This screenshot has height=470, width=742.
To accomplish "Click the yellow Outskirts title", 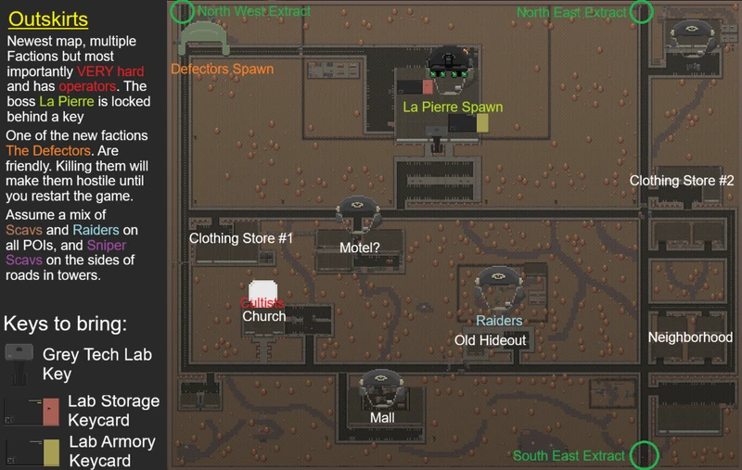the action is click(x=48, y=19).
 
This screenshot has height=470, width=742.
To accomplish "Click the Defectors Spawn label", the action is click(x=222, y=69).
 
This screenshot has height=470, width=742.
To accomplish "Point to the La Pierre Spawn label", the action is click(x=453, y=107).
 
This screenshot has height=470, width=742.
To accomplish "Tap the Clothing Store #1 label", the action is click(x=241, y=238).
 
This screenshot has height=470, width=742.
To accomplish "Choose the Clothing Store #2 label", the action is click(x=682, y=181).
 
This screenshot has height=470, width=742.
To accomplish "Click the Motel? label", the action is click(x=360, y=248).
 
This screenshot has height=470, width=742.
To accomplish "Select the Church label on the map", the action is click(x=264, y=316).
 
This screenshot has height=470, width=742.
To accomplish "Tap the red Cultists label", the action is click(x=262, y=303).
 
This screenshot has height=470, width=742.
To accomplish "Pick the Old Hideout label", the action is click(x=490, y=340).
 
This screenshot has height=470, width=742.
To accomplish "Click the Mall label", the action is click(x=382, y=418).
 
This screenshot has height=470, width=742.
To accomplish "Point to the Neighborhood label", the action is click(x=690, y=337).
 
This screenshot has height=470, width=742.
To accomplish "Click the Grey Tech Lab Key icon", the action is click(x=19, y=364).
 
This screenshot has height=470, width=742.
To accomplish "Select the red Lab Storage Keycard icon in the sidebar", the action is click(x=51, y=412).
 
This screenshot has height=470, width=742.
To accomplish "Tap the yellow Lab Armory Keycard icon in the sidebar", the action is click(x=51, y=452).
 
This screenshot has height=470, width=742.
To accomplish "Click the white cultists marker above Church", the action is click(x=262, y=290).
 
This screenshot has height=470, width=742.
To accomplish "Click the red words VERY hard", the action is click(x=110, y=71).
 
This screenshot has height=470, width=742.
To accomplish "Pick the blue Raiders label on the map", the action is click(x=499, y=321).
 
